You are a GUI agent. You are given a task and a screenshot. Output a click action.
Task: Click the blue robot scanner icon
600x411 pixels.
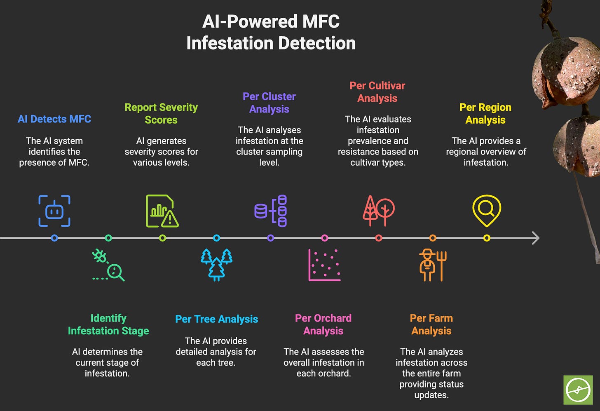coord(54,211)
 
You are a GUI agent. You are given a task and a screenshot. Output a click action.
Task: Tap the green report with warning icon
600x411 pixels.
coord(162,211)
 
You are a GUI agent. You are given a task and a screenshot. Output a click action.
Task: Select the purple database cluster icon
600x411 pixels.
coord(271,211)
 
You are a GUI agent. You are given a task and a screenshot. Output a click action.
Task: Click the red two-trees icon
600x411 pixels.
coord(378,211)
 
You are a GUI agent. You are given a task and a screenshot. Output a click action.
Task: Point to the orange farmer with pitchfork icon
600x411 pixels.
coord(433,265)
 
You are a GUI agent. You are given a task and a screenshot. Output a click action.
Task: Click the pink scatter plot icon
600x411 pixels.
coord(325,265)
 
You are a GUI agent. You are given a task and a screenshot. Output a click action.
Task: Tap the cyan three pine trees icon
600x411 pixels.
coord(216,265)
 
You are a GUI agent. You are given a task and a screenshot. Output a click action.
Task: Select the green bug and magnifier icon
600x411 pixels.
coord(108,265)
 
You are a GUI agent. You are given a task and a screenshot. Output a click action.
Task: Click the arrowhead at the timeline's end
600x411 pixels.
coord(535,238)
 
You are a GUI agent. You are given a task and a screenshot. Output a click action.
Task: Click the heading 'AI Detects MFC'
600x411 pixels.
coord(54,119)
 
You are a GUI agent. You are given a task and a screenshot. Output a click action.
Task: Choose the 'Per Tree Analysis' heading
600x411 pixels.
coord(216,319)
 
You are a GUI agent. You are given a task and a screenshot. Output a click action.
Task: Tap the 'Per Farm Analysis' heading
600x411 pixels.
coord(431,324)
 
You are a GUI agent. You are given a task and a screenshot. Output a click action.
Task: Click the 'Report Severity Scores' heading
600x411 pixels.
coord(161,113)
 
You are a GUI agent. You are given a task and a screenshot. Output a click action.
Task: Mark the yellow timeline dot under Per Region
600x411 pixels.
coord(487,238)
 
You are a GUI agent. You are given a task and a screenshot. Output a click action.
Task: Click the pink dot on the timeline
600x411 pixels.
coord(325,238)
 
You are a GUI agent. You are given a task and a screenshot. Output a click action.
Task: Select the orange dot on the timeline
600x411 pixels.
coord(433,238)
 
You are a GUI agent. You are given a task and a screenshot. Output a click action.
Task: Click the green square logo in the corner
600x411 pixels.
coord(578,390)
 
